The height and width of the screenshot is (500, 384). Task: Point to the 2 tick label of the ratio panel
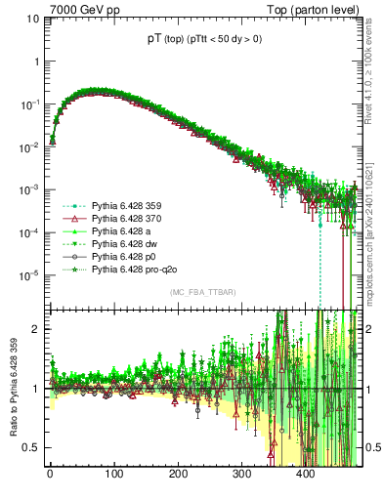point(33,329)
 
